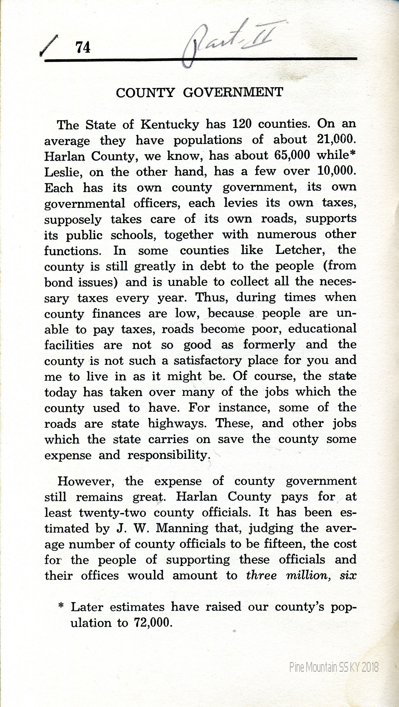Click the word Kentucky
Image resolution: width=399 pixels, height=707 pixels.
pos(170,125)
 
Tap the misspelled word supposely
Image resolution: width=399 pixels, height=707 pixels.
pos(73,220)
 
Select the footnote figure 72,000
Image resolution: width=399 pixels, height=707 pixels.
pos(152,623)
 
